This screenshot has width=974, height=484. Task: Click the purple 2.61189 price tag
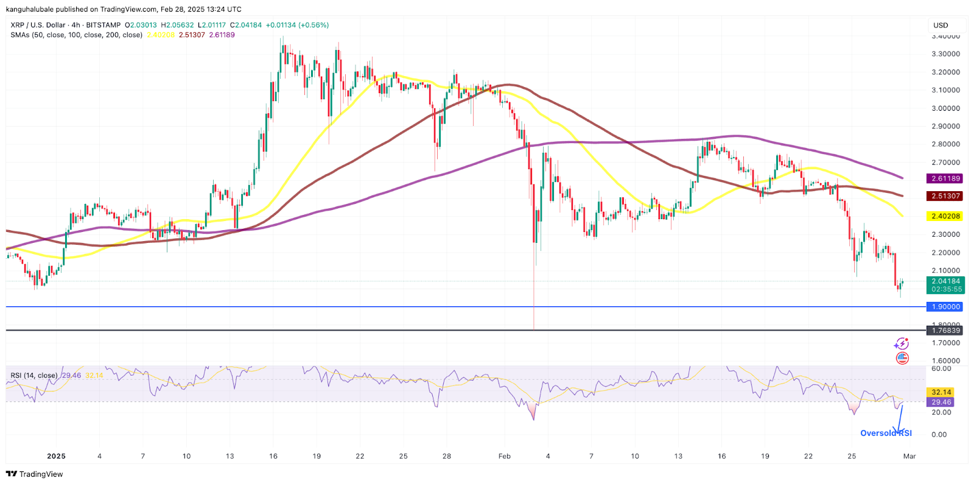(x=945, y=178)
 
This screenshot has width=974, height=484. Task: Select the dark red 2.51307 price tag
(x=945, y=196)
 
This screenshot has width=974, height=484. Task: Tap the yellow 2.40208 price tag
(x=945, y=216)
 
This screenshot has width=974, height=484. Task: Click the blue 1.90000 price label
(x=945, y=307)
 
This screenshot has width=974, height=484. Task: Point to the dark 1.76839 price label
(x=945, y=331)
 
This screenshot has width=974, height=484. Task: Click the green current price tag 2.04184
(x=945, y=282)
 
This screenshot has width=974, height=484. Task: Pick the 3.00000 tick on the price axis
(x=945, y=108)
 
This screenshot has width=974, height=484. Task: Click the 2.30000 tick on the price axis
(x=945, y=234)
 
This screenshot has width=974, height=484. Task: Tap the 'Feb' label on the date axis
(x=504, y=456)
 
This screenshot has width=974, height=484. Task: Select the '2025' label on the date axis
(x=56, y=456)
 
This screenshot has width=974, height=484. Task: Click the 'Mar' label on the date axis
(x=909, y=456)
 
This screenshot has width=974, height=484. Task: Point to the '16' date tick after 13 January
(x=273, y=456)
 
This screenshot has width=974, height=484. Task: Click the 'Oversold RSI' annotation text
(x=886, y=433)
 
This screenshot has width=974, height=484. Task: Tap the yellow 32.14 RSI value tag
(x=941, y=392)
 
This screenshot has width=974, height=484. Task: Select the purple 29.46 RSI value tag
(x=941, y=402)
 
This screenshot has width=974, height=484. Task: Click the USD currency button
(x=941, y=26)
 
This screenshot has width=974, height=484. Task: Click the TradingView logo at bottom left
(x=35, y=474)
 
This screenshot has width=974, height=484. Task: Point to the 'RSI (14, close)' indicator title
(x=34, y=376)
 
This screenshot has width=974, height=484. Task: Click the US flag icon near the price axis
(x=902, y=358)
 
